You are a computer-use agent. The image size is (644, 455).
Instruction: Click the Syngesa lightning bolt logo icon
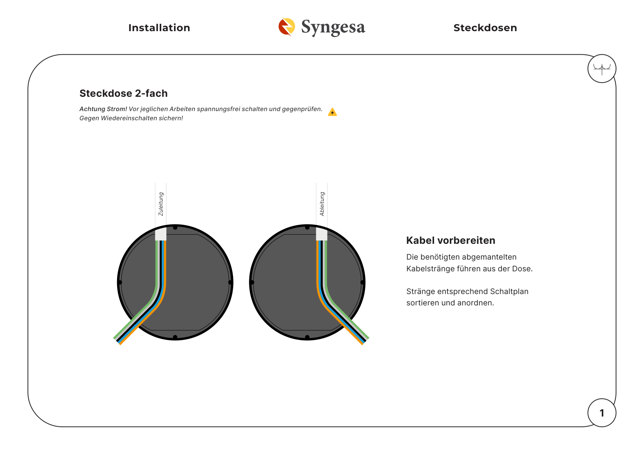pyautogui.click(x=287, y=27)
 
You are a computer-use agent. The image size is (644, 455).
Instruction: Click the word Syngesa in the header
pyautogui.click(x=333, y=27)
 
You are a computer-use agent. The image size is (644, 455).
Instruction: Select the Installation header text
pyautogui.click(x=159, y=28)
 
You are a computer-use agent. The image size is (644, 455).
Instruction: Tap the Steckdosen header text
pyautogui.click(x=485, y=28)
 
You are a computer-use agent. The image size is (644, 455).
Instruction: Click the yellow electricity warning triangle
pyautogui.click(x=332, y=112)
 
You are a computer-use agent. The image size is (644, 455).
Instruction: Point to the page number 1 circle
pyautogui.click(x=602, y=413)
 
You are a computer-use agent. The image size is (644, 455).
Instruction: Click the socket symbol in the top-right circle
pyautogui.click(x=602, y=69)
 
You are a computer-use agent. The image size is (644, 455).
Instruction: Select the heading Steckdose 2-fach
pyautogui.click(x=123, y=93)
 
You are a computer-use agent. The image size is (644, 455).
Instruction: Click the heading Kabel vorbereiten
pyautogui.click(x=451, y=241)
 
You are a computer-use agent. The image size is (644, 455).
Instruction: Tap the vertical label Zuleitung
pyautogui.click(x=161, y=204)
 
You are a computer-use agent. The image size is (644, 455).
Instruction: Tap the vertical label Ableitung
pyautogui.click(x=322, y=204)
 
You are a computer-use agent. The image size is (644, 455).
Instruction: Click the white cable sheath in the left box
pyautogui.click(x=161, y=234)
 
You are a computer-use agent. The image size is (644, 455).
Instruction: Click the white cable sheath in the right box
pyautogui.click(x=322, y=234)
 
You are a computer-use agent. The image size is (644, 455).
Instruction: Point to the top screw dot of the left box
pyautogui.click(x=175, y=228)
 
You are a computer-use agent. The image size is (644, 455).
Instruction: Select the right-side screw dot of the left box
pyautogui.click(x=230, y=282)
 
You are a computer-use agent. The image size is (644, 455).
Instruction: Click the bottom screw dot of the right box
pyautogui.click(x=307, y=337)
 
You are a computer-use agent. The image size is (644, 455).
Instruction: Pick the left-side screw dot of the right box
pyautogui.click(x=252, y=282)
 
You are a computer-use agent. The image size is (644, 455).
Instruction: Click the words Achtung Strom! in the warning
pyautogui.click(x=103, y=109)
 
